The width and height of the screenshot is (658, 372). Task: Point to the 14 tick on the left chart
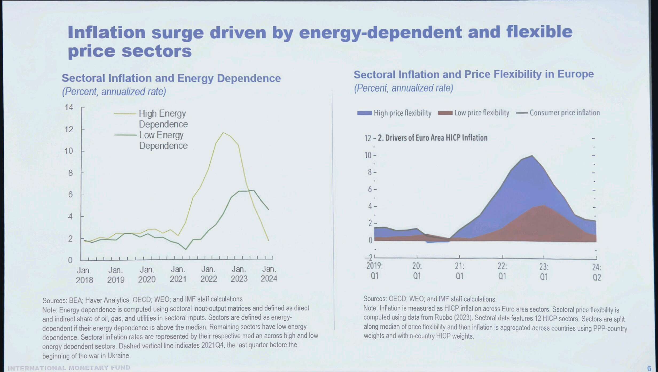pos(69,107)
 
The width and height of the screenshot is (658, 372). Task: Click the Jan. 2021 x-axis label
pos(178,274)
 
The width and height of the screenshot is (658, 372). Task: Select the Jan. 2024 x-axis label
pos(269,274)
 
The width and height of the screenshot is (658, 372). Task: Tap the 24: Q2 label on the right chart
pos(597,272)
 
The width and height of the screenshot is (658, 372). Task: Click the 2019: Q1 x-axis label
pos(374,271)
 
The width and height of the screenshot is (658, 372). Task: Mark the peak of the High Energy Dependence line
pos(223,133)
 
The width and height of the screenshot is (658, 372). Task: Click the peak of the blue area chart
pos(532,156)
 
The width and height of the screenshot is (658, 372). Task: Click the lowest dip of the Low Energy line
pos(186,249)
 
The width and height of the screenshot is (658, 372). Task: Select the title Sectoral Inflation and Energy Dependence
pos(171,78)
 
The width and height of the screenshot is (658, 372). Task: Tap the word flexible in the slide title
pos(539,32)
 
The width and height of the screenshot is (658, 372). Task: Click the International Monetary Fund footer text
pos(69,368)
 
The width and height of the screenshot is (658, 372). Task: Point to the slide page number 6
pos(649,368)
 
